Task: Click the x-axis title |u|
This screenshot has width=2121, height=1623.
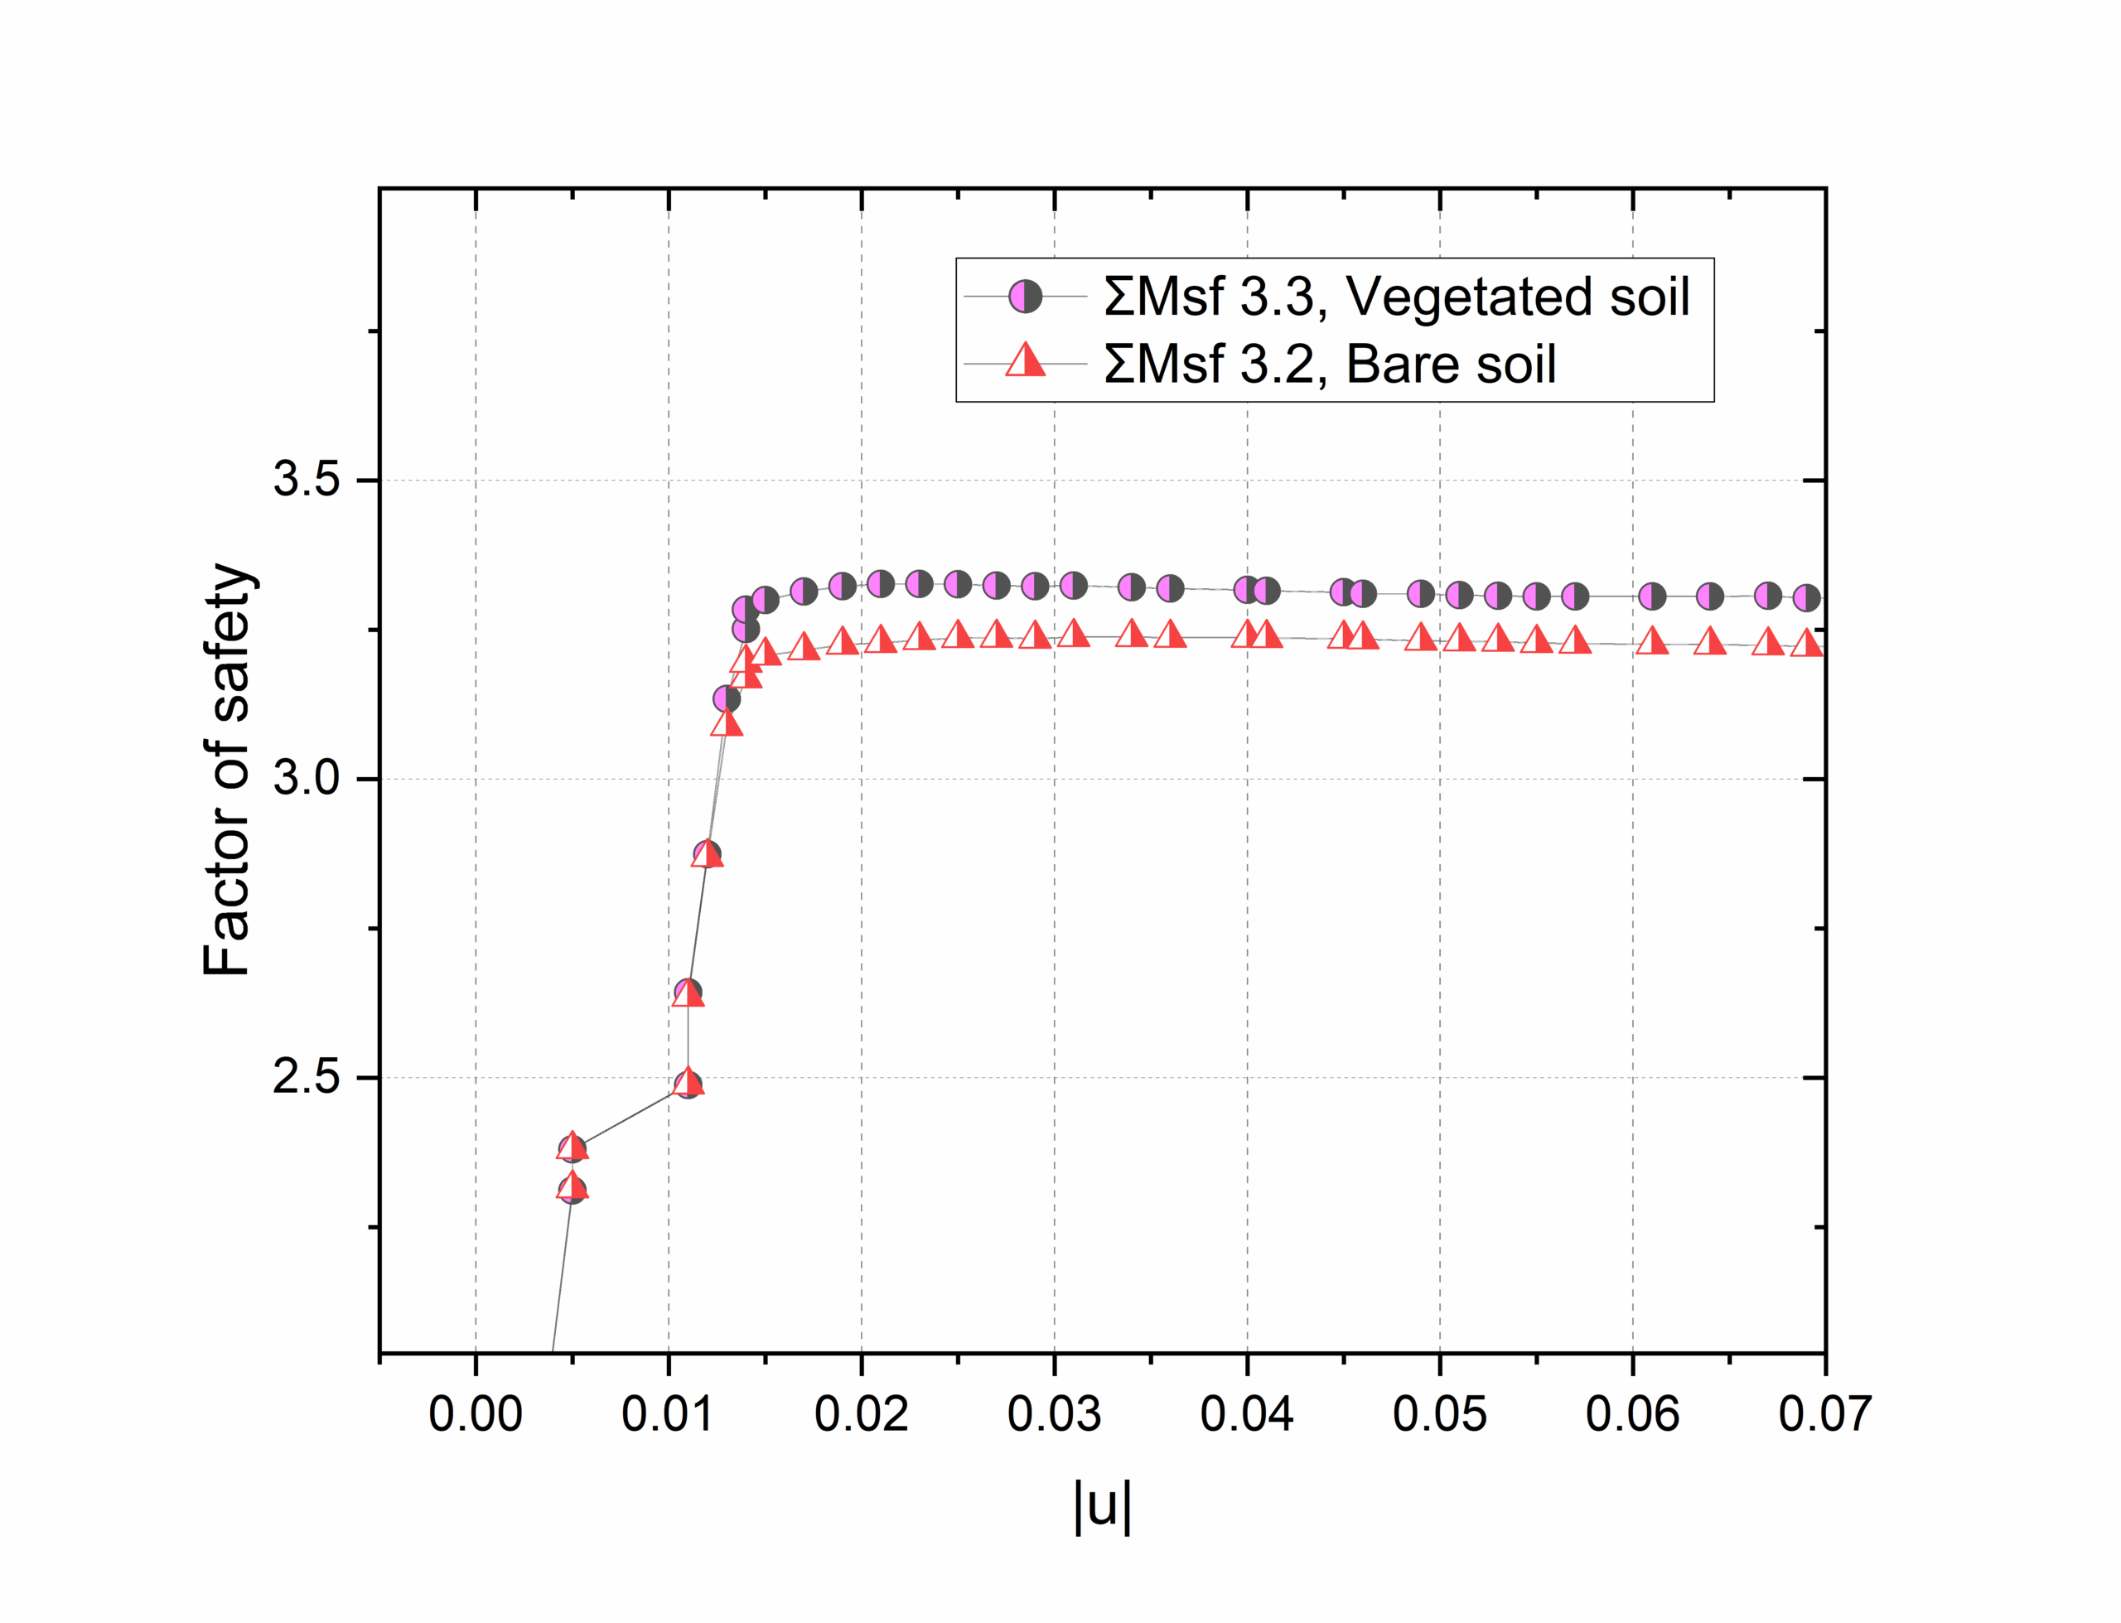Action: (x=1102, y=1505)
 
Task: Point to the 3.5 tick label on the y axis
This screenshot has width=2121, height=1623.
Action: (x=307, y=479)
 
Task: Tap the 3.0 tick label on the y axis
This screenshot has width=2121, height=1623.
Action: (x=307, y=778)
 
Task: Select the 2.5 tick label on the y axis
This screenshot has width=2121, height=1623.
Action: (x=307, y=1076)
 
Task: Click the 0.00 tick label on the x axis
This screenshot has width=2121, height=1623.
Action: (x=476, y=1414)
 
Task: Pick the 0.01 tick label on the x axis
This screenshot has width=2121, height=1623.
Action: (x=669, y=1414)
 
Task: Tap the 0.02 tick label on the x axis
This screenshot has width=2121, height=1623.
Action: (x=862, y=1414)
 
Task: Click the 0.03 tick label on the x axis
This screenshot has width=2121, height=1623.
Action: (x=1054, y=1414)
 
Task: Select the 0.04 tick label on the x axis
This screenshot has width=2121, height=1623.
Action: (x=1247, y=1414)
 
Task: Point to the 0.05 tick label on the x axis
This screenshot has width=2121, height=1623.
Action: (x=1439, y=1414)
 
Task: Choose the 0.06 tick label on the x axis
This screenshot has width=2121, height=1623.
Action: (x=1632, y=1414)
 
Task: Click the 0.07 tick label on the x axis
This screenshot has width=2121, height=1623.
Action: (x=1824, y=1414)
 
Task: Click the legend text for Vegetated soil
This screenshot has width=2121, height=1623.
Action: (x=1397, y=297)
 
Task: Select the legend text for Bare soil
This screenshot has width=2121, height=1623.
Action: (x=1330, y=365)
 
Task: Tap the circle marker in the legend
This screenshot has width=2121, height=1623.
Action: (x=1026, y=297)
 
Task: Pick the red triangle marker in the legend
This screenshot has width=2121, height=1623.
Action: (x=1026, y=361)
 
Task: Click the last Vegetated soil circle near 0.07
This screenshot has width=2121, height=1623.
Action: (x=1806, y=598)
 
